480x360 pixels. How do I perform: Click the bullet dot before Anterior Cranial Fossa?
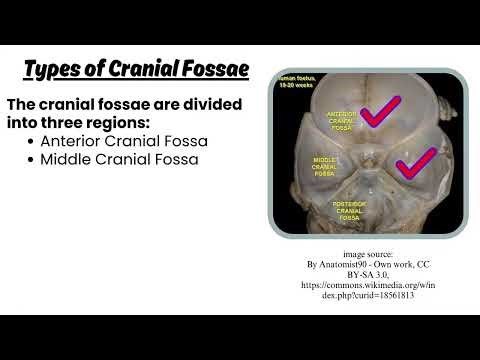coord(31,142)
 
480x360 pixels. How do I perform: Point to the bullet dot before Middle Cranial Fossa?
coord(31,160)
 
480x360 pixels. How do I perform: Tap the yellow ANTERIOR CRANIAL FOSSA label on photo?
coord(343,122)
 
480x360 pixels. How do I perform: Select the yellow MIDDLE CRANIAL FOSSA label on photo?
coord(324,166)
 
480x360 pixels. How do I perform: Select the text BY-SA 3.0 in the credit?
coord(367,274)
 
